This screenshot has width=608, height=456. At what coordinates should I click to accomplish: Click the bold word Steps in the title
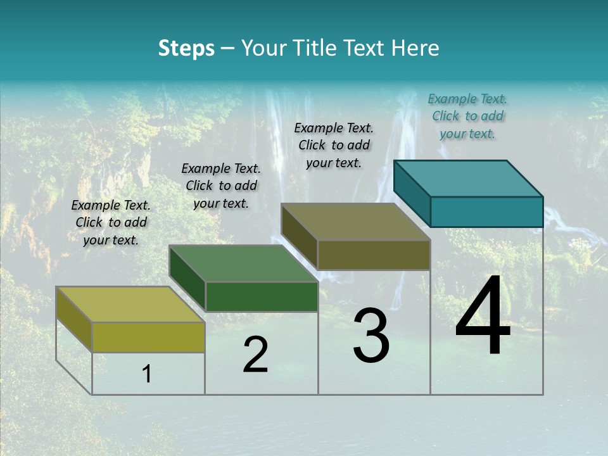pyautogui.click(x=186, y=48)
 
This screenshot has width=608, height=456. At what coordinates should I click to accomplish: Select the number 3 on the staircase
pyautogui.click(x=370, y=335)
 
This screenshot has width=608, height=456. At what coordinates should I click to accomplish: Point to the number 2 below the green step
pyautogui.click(x=255, y=355)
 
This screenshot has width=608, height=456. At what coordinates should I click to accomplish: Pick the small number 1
pyautogui.click(x=146, y=374)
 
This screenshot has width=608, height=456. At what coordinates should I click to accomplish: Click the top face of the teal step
pyautogui.click(x=469, y=178)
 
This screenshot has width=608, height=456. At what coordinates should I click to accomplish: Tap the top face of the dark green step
pyautogui.click(x=243, y=263)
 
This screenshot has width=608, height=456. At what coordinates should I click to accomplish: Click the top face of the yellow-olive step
pyautogui.click(x=130, y=305)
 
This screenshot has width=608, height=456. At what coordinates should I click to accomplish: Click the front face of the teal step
pyautogui.click(x=486, y=212)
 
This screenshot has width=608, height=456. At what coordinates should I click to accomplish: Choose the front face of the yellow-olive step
pyautogui.click(x=148, y=337)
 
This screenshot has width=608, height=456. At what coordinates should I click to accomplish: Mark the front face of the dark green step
pyautogui.click(x=262, y=296)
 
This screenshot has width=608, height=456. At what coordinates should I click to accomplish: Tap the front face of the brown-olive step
pyautogui.click(x=374, y=255)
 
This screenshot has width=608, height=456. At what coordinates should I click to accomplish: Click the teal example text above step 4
pyautogui.click(x=467, y=116)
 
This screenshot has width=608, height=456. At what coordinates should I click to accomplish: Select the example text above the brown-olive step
pyautogui.click(x=334, y=145)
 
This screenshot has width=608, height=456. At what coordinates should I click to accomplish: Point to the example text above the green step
pyautogui.click(x=221, y=186)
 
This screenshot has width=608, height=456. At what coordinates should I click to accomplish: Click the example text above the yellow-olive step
pyautogui.click(x=111, y=222)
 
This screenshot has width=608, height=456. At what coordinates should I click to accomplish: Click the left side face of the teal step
pyautogui.click(x=412, y=193)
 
